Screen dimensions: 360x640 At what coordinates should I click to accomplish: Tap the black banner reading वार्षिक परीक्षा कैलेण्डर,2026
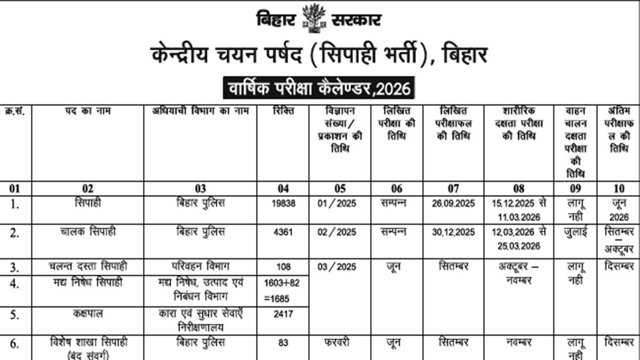[319, 88]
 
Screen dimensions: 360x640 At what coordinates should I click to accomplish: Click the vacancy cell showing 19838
[283, 203]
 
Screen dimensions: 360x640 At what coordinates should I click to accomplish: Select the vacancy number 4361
[283, 232]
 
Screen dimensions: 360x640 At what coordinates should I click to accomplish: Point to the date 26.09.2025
[453, 203]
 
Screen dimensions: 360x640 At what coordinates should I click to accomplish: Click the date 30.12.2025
[453, 232]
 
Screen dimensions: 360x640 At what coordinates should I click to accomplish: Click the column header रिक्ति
[283, 111]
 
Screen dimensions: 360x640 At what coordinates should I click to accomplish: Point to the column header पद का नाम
[88, 111]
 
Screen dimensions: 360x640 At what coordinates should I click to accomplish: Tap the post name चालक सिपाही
[88, 232]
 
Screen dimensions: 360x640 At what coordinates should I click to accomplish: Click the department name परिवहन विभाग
[201, 266]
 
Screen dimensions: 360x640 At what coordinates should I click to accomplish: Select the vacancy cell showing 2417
[283, 315]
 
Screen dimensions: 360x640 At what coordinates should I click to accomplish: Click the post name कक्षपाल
[88, 314]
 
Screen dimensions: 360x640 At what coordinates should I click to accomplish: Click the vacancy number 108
[283, 266]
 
